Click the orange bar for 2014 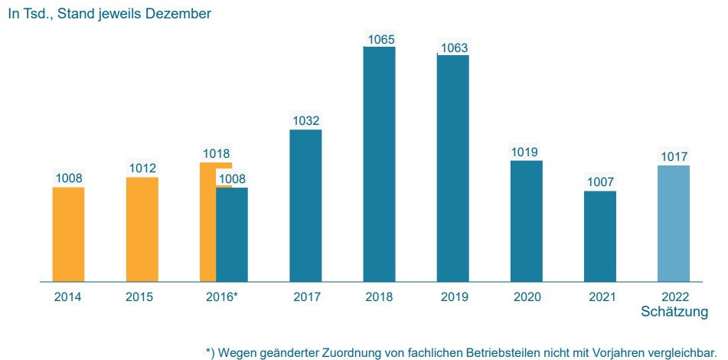(68, 234)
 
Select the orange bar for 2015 (142, 230)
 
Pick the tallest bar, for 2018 (379, 164)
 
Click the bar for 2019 (452, 169)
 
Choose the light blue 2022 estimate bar (674, 223)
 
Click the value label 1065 (380, 38)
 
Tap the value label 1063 (453, 47)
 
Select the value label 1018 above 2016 (215, 154)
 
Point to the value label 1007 (600, 182)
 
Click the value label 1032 (306, 121)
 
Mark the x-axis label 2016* (222, 297)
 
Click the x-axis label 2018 (379, 297)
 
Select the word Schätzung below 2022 (674, 312)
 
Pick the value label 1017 (674, 157)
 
